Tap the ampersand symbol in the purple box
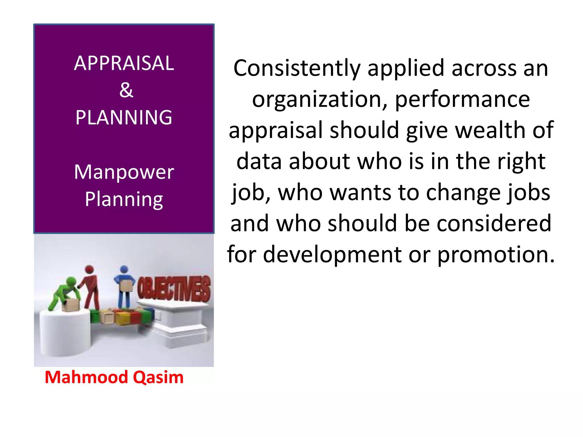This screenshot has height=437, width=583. click(x=126, y=90)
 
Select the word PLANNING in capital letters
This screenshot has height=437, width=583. click(x=124, y=117)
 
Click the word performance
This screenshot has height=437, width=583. click(x=462, y=99)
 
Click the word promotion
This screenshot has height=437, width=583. click(x=496, y=254)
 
